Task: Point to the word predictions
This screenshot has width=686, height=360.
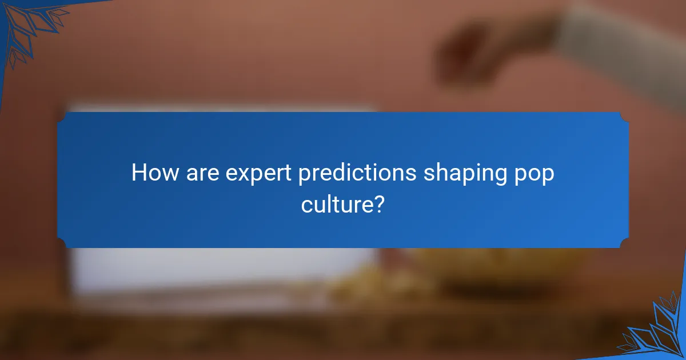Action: [x=357, y=173]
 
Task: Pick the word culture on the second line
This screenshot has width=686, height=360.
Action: [x=336, y=203]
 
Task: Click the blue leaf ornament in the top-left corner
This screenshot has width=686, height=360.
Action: [x=29, y=26]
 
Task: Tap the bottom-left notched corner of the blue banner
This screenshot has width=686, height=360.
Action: [x=61, y=244]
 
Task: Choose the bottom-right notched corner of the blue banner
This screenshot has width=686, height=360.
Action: [x=624, y=244]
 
